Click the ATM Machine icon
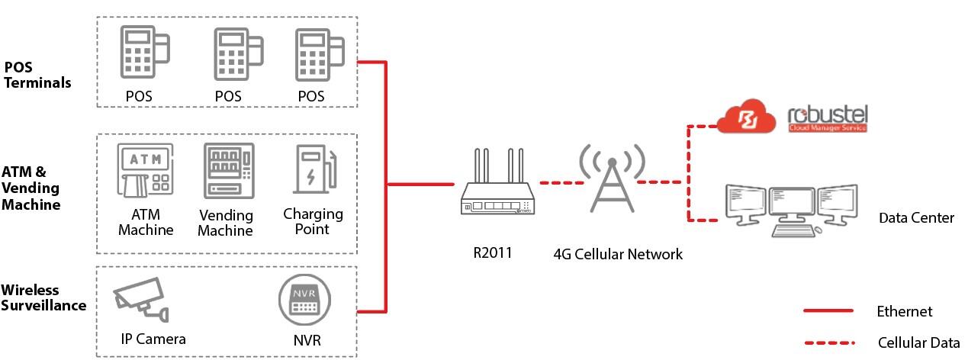pyautogui.click(x=145, y=170)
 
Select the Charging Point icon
pyautogui.click(x=313, y=169)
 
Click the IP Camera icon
pyautogui.click(x=140, y=300)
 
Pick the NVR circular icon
pyautogui.click(x=306, y=300)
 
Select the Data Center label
pyautogui.click(x=916, y=218)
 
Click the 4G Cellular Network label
pyautogui.click(x=618, y=254)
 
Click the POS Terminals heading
pyautogui.click(x=37, y=75)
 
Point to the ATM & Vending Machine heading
pyautogui.click(x=31, y=188)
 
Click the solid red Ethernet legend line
pyautogui.click(x=828, y=311)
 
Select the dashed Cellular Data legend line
pyautogui.click(x=828, y=342)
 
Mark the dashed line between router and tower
pyautogui.click(x=560, y=183)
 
